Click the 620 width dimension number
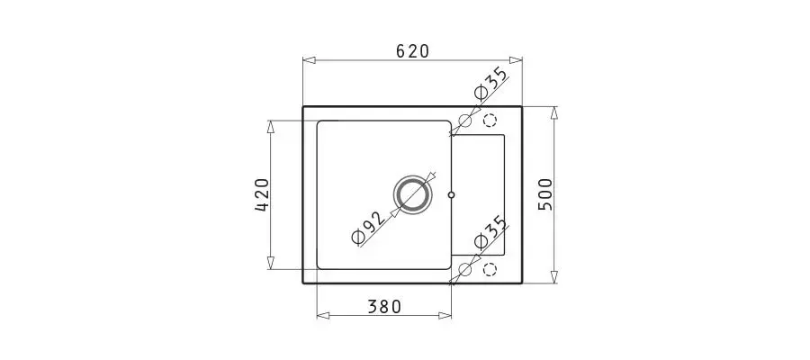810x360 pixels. pyautogui.click(x=413, y=51)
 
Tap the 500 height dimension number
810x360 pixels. pyautogui.click(x=545, y=194)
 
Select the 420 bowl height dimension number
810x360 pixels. pyautogui.click(x=263, y=194)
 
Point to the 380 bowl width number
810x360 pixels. pyautogui.click(x=384, y=307)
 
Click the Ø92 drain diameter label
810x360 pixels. pyautogui.click(x=369, y=229)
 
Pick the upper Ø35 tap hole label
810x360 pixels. pyautogui.click(x=490, y=83)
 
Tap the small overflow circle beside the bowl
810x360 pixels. pyautogui.click(x=452, y=194)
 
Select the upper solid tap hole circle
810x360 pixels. pyautogui.click(x=465, y=121)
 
